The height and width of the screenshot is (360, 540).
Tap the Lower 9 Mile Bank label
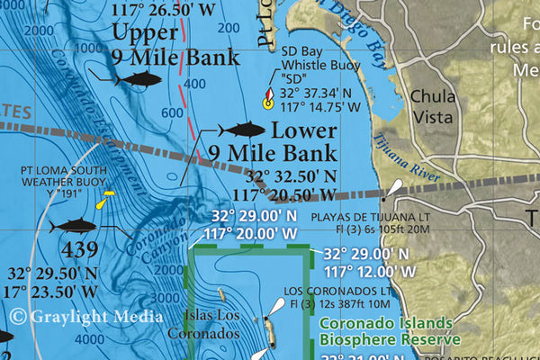(x=273, y=141)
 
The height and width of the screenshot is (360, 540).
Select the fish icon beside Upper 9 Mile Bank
(x=137, y=80)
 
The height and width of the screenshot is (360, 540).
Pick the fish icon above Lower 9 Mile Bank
(x=241, y=129)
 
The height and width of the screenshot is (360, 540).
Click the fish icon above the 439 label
(x=74, y=224)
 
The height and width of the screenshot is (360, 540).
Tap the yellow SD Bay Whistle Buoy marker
(x=267, y=101)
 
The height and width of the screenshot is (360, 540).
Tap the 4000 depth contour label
(x=89, y=339)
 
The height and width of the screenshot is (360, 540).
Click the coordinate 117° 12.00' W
(x=370, y=270)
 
